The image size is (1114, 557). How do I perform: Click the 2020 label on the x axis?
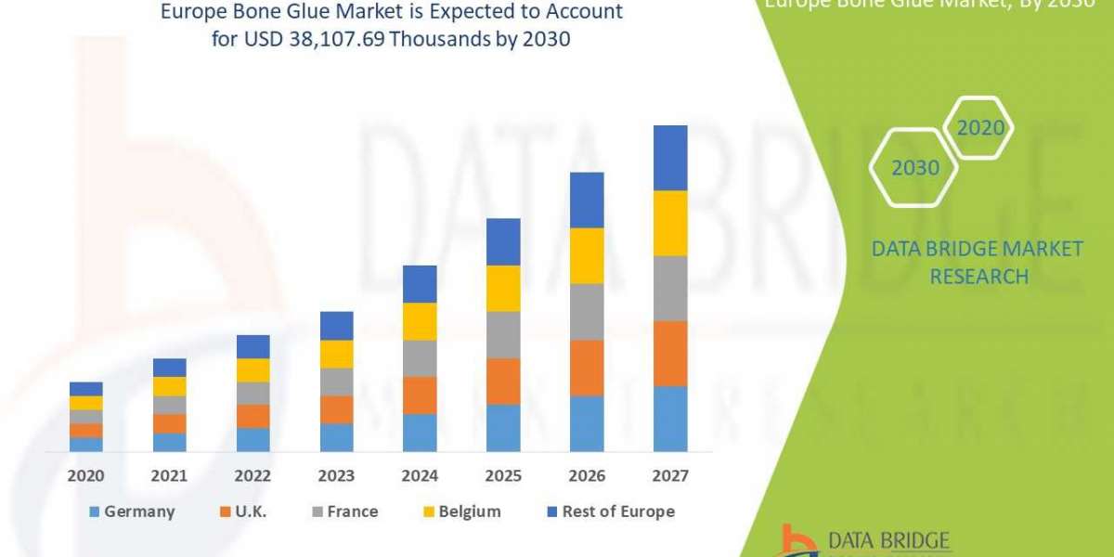point(85,475)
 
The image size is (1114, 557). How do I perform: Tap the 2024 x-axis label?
point(420,475)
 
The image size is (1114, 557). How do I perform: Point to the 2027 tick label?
point(670,475)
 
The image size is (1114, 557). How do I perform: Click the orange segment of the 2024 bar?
point(420,395)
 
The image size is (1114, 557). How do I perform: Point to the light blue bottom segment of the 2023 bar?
point(336,437)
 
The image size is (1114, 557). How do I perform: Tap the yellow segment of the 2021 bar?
point(169,386)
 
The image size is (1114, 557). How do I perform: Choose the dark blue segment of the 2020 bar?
point(85,388)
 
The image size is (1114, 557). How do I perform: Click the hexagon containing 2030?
point(914,168)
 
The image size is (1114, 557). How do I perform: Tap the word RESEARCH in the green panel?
point(978,277)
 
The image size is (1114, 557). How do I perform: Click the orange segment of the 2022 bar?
point(253,416)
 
